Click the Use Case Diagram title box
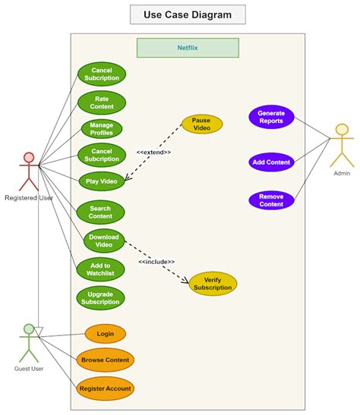(x=188, y=14)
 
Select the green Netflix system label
(x=188, y=48)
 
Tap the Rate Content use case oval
(x=101, y=102)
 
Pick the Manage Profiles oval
(x=101, y=128)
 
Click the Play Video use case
(x=101, y=181)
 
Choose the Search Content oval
(x=100, y=212)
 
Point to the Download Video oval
(x=104, y=241)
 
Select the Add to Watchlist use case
(x=100, y=269)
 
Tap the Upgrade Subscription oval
(x=100, y=298)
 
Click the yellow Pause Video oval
(x=201, y=124)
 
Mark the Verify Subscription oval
(x=213, y=283)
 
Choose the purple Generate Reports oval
(x=271, y=118)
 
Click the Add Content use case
(x=271, y=162)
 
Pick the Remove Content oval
(x=271, y=200)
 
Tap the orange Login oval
(x=105, y=334)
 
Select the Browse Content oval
(x=105, y=360)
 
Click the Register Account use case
(x=105, y=388)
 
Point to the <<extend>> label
(x=153, y=152)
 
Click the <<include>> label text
(x=156, y=262)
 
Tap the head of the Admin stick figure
(x=342, y=130)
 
